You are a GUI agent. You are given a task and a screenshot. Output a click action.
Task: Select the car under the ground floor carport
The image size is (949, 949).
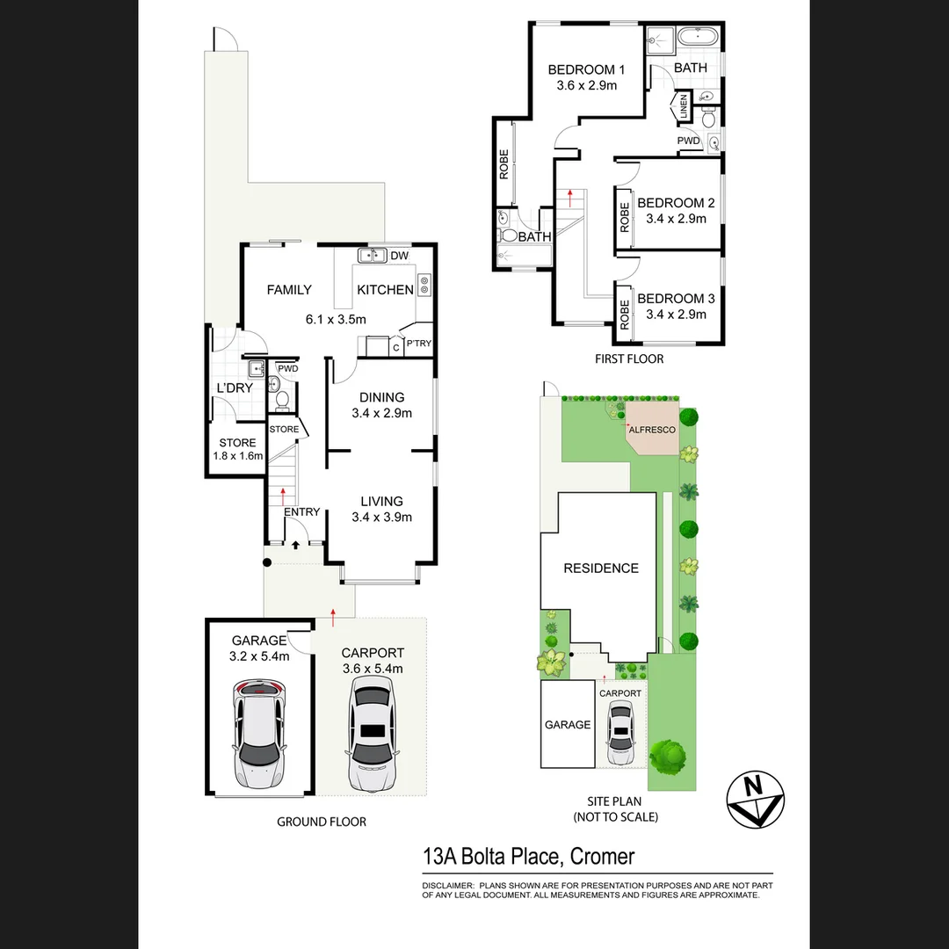point(373,733)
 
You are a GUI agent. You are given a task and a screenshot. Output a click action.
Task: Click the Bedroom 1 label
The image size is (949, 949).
point(586,70)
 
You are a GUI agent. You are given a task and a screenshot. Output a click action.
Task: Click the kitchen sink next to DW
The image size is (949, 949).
point(373,256)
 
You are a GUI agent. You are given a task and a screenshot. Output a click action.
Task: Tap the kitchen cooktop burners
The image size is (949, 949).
point(424,283)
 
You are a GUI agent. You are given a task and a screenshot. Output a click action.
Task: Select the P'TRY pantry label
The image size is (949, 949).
point(418,344)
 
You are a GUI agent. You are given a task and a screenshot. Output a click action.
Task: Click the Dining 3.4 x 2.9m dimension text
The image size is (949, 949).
point(381,413)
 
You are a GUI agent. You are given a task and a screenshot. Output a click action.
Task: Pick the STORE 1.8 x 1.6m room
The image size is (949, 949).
point(236,449)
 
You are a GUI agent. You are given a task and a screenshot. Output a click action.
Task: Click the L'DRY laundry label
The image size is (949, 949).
point(235,388)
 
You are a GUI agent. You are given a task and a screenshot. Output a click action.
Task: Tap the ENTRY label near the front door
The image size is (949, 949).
point(302,512)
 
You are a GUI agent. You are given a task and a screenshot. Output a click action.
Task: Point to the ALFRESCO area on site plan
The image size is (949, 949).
point(652,430)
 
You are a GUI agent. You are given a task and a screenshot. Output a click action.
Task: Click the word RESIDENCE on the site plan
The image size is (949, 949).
point(601,569)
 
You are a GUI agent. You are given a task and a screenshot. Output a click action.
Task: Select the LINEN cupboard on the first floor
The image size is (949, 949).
point(683,106)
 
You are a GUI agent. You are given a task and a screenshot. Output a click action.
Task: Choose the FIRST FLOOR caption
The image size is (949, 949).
point(628,359)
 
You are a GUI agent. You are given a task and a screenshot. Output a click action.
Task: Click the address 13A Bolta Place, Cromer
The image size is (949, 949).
point(528,856)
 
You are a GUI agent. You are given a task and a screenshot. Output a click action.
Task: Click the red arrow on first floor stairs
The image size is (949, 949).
point(570,196)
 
